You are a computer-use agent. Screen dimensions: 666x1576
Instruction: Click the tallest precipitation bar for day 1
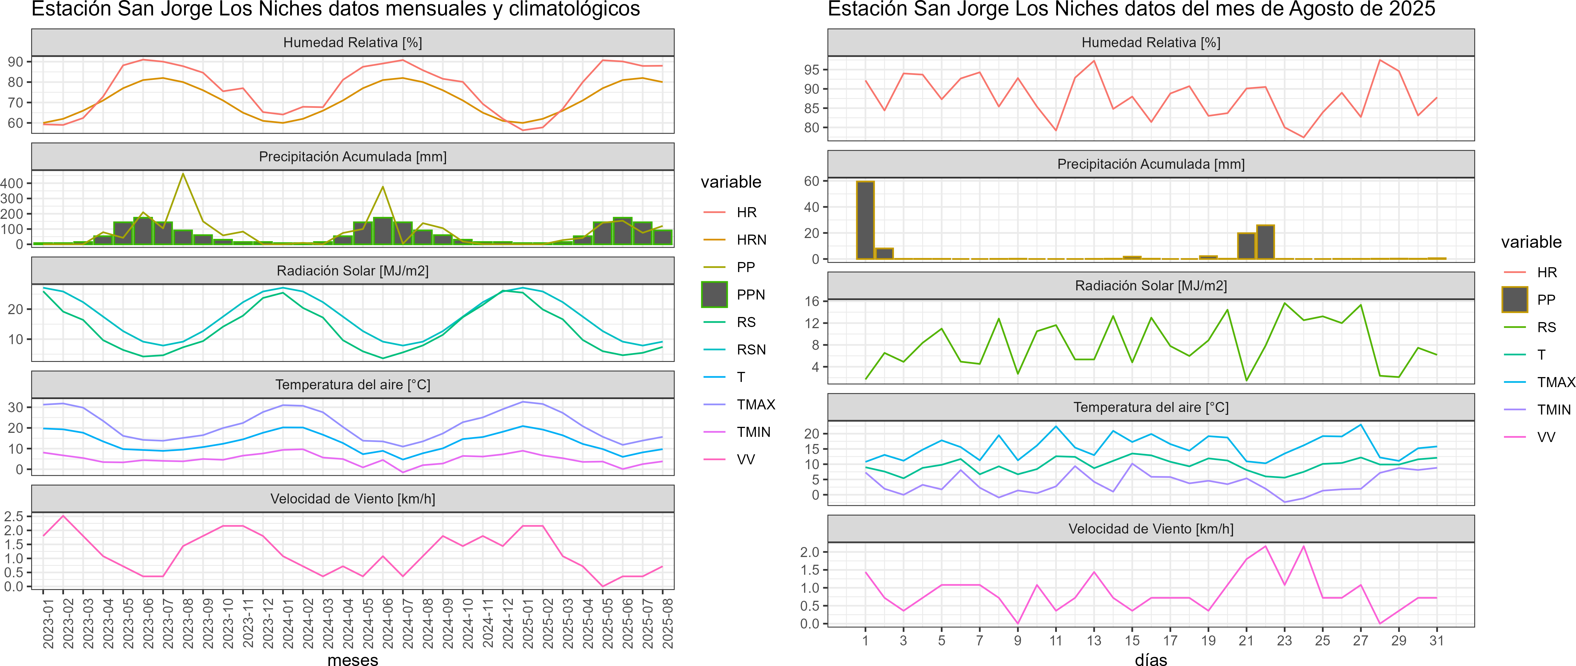tap(865, 220)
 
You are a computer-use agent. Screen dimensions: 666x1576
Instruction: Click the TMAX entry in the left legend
tap(756, 405)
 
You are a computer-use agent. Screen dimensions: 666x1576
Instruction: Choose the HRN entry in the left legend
tap(751, 240)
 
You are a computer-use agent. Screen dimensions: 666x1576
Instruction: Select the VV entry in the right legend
tap(1546, 437)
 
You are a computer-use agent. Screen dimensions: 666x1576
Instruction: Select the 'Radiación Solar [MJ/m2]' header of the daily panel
tap(1151, 286)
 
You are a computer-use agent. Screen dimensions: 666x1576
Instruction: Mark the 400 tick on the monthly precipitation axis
tap(12, 183)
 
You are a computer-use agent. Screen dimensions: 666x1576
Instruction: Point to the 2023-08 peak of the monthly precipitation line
tap(183, 174)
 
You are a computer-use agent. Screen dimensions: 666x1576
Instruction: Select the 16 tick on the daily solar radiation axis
tap(812, 301)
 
